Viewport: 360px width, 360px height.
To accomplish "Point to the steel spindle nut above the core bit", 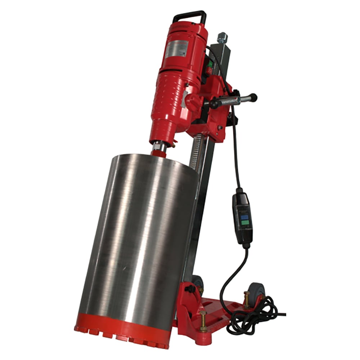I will point(159,147).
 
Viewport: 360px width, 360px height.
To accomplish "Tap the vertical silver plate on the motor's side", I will point(184,99).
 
